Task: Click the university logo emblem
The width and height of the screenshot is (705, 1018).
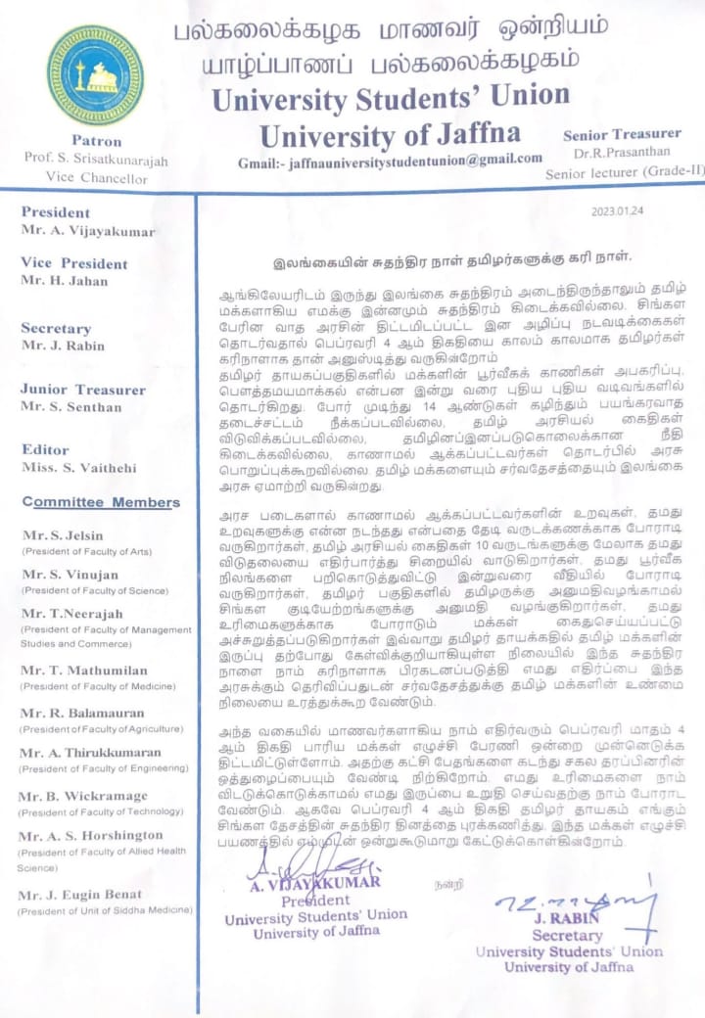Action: point(95,75)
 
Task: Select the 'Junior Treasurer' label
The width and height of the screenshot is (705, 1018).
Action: point(85,389)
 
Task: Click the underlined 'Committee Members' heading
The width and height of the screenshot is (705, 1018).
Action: point(101,502)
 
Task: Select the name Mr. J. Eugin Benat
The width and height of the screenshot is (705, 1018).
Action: point(81,894)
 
